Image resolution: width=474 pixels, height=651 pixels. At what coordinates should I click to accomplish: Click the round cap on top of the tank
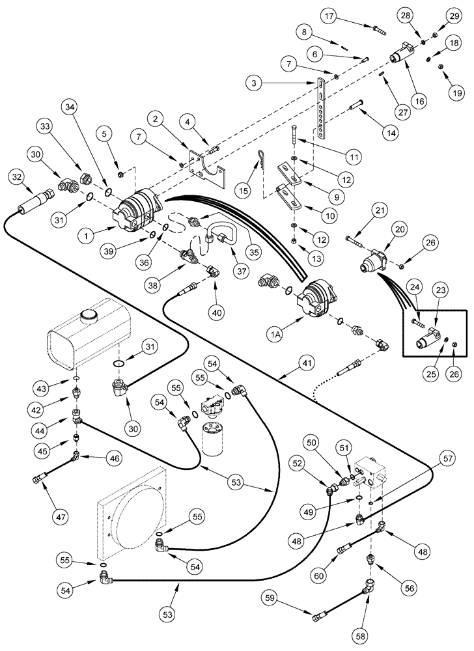87,316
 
